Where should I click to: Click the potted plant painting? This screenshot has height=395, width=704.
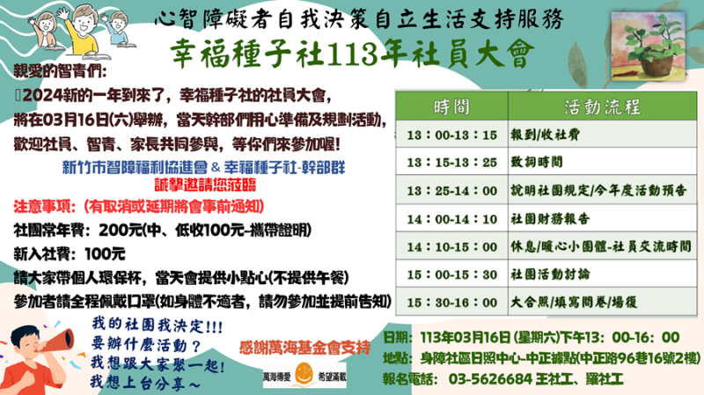(648, 46)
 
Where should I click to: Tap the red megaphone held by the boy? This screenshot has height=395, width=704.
(57, 342)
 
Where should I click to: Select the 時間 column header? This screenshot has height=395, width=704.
(451, 106)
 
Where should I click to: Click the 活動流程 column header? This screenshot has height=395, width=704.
(603, 106)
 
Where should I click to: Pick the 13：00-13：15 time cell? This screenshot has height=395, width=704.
(451, 135)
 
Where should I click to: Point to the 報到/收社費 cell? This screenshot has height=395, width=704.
(603, 135)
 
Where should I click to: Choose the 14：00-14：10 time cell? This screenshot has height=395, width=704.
(451, 219)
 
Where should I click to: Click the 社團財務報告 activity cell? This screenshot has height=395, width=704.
(603, 219)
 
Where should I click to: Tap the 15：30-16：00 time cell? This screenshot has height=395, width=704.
(451, 302)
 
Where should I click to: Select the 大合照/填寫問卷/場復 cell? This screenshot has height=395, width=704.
(603, 302)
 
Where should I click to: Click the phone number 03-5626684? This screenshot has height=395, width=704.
(490, 379)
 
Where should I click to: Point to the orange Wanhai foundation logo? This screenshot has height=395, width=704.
(304, 374)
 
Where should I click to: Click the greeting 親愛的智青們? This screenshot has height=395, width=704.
(60, 71)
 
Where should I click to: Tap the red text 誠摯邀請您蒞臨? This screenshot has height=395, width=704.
(205, 185)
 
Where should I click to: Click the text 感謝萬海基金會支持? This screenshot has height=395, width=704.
(304, 347)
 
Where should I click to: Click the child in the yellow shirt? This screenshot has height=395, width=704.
(83, 30)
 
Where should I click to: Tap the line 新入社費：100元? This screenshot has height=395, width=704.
(70, 254)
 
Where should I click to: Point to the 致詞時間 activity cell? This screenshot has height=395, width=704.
(603, 162)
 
